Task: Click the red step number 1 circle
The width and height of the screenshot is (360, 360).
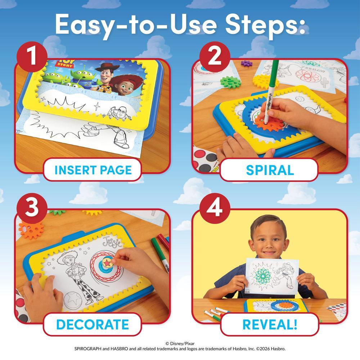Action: click(32, 57)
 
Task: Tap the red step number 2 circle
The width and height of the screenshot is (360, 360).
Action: click(215, 57)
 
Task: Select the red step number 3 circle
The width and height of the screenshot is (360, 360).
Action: click(32, 208)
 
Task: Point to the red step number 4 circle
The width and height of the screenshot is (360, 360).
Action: click(215, 208)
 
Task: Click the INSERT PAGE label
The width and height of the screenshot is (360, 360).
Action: click(93, 170)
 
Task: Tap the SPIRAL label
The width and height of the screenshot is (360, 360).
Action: click(270, 170)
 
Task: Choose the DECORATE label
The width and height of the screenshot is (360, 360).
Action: click(93, 324)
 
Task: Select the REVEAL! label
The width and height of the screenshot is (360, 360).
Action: click(270, 324)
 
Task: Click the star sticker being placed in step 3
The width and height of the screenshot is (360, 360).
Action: click(107, 262)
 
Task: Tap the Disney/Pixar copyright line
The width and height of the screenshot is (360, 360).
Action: click(180, 343)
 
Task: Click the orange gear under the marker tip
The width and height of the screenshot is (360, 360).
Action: click(266, 123)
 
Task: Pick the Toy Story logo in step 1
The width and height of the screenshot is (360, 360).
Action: click(66, 63)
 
